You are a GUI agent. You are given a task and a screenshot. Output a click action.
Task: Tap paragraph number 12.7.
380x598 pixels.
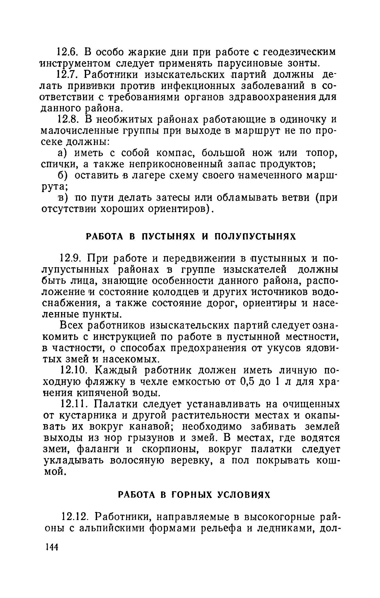[x=66, y=75]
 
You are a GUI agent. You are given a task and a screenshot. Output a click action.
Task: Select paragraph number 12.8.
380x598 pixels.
[x=66, y=119]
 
